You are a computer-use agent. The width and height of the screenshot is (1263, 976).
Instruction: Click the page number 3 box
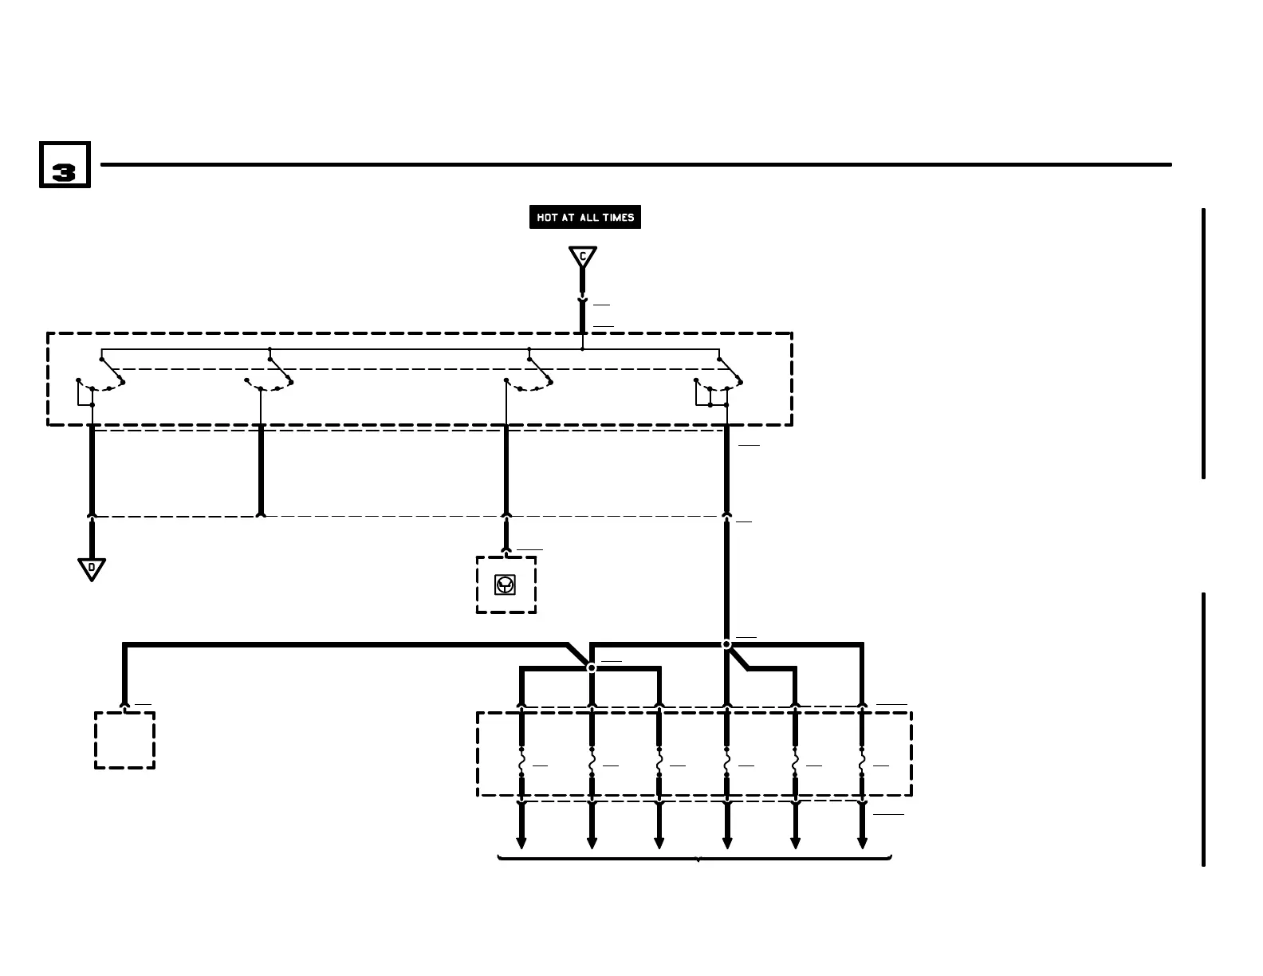(x=65, y=165)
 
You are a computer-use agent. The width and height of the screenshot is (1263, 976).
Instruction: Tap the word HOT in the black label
(x=547, y=218)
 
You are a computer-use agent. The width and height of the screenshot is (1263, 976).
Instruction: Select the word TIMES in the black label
(x=619, y=218)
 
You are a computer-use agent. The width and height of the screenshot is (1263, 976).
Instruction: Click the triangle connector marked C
(x=583, y=257)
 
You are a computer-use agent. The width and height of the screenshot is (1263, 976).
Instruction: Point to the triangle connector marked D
(x=92, y=569)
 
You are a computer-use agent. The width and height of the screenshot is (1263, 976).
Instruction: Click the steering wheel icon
(x=505, y=585)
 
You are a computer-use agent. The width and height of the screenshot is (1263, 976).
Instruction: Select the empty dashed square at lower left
(x=124, y=740)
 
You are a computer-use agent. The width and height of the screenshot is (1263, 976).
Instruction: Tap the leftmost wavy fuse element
(x=521, y=763)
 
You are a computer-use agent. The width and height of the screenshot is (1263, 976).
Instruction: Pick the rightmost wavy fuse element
(x=862, y=763)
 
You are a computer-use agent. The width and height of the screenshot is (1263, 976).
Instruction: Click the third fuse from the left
(x=659, y=763)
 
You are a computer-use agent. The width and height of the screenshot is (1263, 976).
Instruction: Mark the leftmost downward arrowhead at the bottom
(x=521, y=843)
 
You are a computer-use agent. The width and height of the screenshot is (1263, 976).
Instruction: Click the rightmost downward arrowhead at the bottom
(x=862, y=843)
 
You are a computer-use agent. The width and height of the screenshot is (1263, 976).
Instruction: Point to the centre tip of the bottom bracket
(x=698, y=860)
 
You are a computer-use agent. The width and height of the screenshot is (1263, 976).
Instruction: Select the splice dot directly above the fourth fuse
(x=726, y=644)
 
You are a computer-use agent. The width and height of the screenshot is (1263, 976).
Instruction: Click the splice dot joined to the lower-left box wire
(x=592, y=667)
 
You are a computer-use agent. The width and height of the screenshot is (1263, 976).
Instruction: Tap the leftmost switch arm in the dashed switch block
(x=111, y=369)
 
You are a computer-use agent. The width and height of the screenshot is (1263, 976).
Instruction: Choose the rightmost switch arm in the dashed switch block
(x=729, y=370)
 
